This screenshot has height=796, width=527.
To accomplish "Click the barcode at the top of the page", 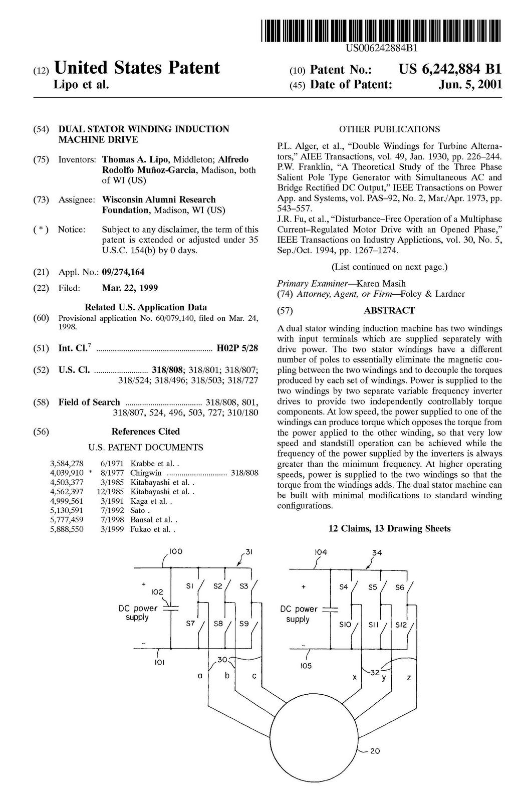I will click(x=380, y=31).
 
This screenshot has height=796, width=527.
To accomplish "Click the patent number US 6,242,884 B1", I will click(x=449, y=69).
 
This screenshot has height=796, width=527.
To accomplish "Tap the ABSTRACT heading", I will click(x=389, y=311).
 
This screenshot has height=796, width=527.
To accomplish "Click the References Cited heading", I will click(x=145, y=432).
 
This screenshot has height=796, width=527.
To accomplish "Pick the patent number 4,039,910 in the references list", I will click(x=67, y=472).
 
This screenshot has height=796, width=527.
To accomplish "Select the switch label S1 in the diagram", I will click(x=190, y=585).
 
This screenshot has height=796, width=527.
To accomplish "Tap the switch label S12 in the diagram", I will click(x=401, y=625).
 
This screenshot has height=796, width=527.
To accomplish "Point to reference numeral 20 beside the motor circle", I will click(x=375, y=751).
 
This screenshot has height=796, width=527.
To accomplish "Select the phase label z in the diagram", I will click(x=409, y=678).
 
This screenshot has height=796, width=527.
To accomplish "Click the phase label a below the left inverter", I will click(x=199, y=676).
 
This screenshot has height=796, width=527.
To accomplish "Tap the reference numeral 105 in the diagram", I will click(x=306, y=666).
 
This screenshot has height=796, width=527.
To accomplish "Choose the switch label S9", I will click(x=244, y=625).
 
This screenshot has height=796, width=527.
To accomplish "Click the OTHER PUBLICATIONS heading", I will click(x=389, y=129).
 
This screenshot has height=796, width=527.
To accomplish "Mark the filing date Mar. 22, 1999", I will click(x=130, y=288).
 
